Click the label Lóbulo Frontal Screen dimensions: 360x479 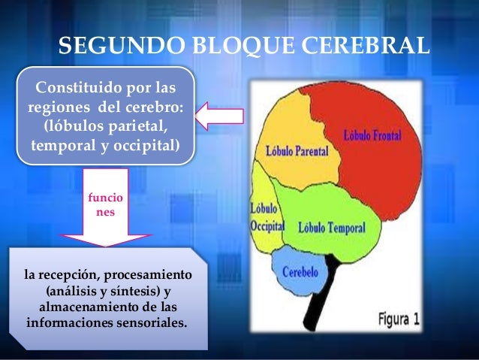click(x=373, y=138)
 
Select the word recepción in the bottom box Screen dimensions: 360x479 click(x=71, y=275)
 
